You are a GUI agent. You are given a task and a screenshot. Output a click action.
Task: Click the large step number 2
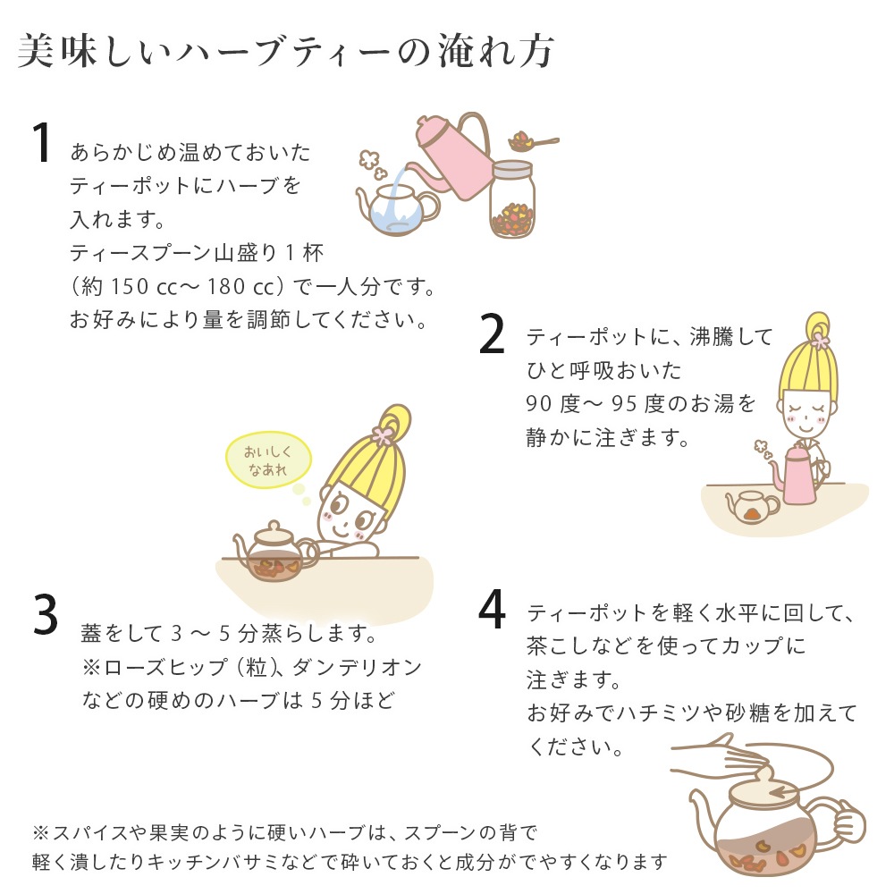tap(493, 335)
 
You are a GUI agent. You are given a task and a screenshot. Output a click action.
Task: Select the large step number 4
tap(493, 610)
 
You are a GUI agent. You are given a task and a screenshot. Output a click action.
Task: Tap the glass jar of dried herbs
tap(511, 201)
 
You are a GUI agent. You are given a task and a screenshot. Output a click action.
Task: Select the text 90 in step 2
tap(541, 404)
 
